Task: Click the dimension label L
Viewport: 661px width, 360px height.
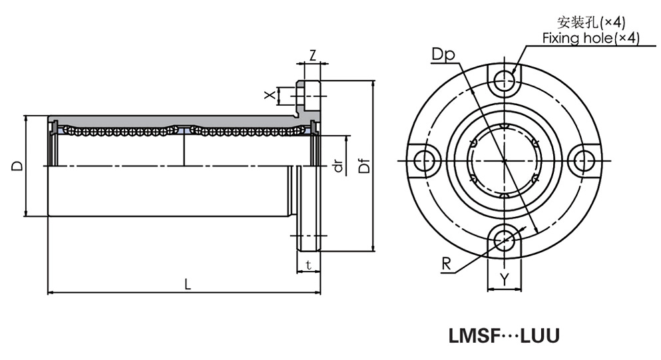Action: [188, 284]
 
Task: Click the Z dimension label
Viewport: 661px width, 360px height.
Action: [312, 55]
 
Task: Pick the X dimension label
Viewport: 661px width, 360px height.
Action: [270, 95]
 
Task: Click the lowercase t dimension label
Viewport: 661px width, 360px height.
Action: [308, 265]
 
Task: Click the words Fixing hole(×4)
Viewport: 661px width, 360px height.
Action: [590, 39]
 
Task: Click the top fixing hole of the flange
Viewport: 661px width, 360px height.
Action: [505, 84]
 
